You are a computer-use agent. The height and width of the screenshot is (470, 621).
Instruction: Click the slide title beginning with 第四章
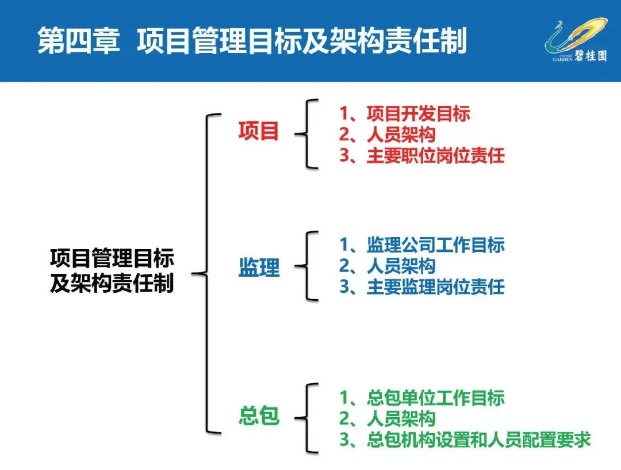(252, 41)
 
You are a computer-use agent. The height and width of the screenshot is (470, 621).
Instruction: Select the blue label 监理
(259, 267)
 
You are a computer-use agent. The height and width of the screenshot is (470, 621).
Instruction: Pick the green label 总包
(259, 416)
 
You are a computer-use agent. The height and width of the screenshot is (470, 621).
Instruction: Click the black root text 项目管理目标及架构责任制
(112, 270)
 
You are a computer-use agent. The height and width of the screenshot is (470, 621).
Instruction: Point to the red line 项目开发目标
(405, 114)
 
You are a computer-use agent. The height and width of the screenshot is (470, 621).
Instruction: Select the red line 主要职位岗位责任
(421, 156)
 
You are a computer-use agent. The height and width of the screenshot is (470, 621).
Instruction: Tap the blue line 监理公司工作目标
(421, 245)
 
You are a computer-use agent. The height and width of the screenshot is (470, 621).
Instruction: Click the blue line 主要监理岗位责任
(421, 286)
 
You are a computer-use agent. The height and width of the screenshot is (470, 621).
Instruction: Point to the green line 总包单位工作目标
(421, 397)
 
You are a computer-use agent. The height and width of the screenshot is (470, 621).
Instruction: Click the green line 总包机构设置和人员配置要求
(465, 440)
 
